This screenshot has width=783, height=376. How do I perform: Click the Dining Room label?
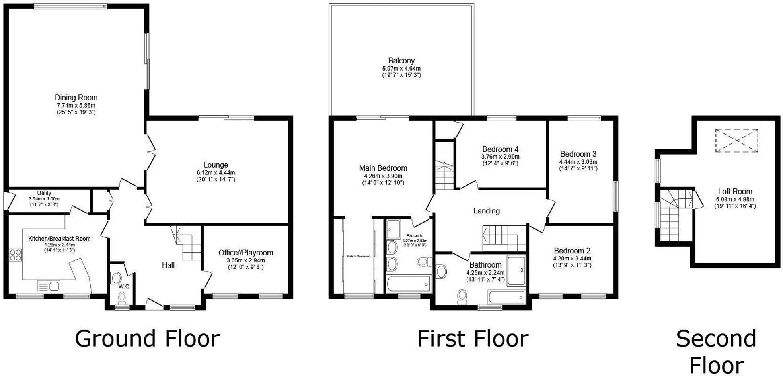pos(76,98)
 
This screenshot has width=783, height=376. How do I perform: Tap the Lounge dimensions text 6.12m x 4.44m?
pos(216,173)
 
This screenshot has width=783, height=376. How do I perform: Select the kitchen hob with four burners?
pos(16,255)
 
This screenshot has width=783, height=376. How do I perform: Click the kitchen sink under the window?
pos(49,286)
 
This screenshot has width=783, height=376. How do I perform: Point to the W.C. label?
pos(124,286)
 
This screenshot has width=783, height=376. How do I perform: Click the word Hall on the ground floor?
pos(168,265)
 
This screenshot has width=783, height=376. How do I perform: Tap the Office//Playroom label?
pos(245,253)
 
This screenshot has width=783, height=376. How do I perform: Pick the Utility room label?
pos(44,193)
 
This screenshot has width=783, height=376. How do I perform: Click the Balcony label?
pos(401,61)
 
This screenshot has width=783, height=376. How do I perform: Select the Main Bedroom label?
pos(383,168)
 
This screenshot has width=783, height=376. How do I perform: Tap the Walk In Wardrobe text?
pos(358,256)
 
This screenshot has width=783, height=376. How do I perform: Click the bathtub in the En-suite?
pos(409,284)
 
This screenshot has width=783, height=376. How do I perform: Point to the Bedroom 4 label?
pos(500,150)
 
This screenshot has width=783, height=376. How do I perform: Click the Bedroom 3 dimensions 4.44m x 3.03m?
pos(578,162)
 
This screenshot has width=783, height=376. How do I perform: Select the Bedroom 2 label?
pos(572,251)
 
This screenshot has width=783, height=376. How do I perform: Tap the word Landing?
pos(486,211)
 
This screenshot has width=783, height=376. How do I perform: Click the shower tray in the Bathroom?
pos(517,270)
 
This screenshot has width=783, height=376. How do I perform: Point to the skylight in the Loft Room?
pos(736,141)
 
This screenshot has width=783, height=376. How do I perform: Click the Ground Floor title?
pos(147,339)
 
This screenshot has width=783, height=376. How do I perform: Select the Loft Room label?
pos(735,191)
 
